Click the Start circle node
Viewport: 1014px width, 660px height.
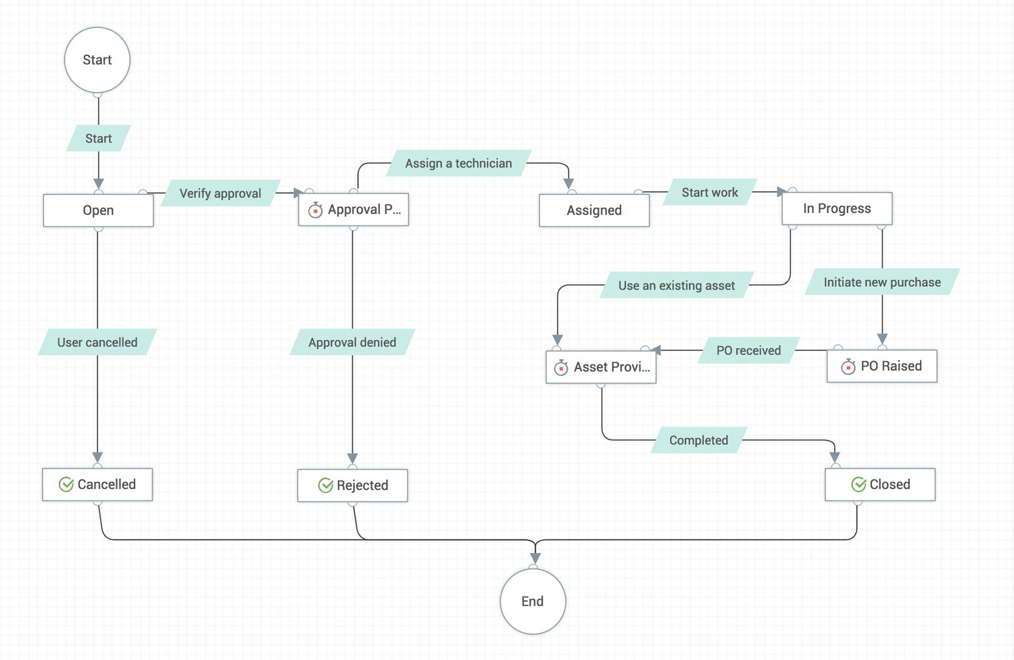pyautogui.click(x=97, y=60)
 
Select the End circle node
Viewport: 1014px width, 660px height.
pyautogui.click(x=533, y=601)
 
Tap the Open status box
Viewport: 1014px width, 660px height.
pyautogui.click(x=98, y=210)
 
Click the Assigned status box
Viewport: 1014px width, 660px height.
pyautogui.click(x=594, y=210)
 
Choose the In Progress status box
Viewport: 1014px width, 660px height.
pyautogui.click(x=837, y=209)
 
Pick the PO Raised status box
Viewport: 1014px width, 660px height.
pyautogui.click(x=882, y=367)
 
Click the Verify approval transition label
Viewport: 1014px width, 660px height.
pyautogui.click(x=220, y=193)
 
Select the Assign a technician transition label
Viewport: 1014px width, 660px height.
pyautogui.click(x=458, y=164)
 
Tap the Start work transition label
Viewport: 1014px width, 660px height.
pyautogui.click(x=710, y=193)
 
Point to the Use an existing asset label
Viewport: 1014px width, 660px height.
pyautogui.click(x=677, y=285)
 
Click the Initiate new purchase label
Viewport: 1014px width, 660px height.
pyautogui.click(x=882, y=283)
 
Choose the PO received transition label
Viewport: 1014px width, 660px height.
pyautogui.click(x=748, y=350)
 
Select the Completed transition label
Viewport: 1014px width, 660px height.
pyautogui.click(x=699, y=440)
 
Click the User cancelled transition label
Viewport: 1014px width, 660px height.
pyautogui.click(x=97, y=342)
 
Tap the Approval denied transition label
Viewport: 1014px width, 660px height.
pyautogui.click(x=352, y=342)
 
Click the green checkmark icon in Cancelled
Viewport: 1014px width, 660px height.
pyautogui.click(x=66, y=485)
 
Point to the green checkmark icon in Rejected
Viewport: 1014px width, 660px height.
pyautogui.click(x=326, y=486)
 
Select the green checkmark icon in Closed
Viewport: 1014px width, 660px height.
pyautogui.click(x=859, y=485)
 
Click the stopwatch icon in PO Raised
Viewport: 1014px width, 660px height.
pyautogui.click(x=848, y=367)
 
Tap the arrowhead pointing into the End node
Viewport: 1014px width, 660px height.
pyautogui.click(x=535, y=559)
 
